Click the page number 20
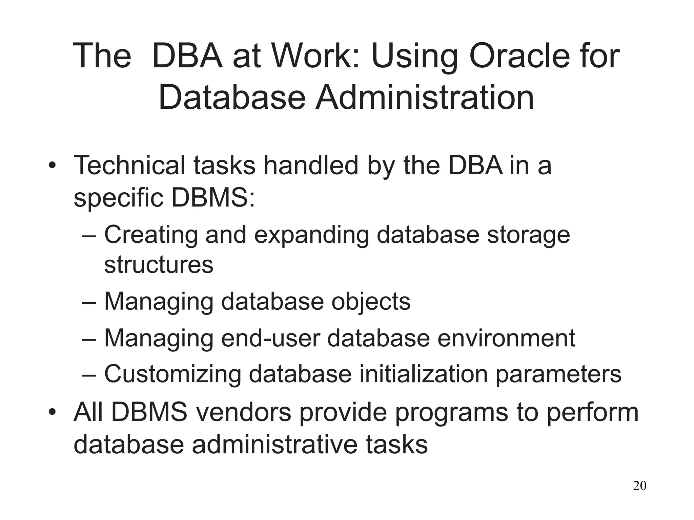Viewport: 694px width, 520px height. [x=639, y=486]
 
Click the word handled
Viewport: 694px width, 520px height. [x=311, y=166]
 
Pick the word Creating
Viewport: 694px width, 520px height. [x=151, y=235]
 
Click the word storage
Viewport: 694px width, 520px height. [x=528, y=235]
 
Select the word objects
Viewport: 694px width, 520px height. [x=371, y=302]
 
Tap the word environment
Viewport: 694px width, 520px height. [x=506, y=338]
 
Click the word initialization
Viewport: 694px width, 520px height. [x=423, y=374]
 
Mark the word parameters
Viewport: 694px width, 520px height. [x=558, y=374]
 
